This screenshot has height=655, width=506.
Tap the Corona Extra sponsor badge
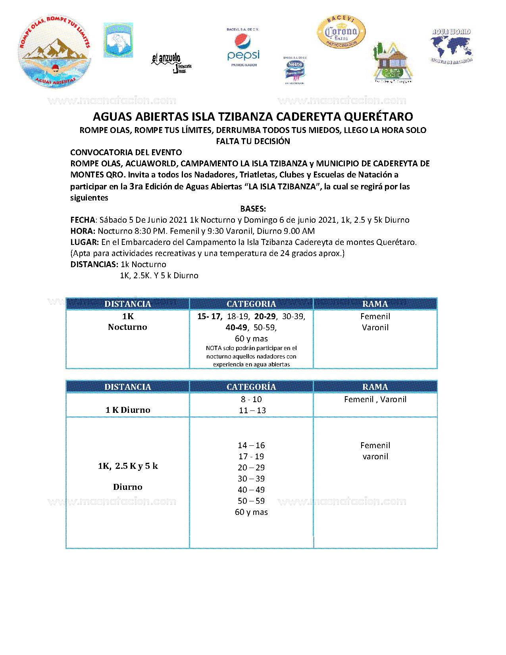(341, 32)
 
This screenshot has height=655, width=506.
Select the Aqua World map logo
(451, 47)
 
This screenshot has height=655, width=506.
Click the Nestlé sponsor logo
(295, 71)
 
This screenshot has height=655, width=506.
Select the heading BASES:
(253, 209)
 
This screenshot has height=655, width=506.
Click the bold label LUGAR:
(85, 242)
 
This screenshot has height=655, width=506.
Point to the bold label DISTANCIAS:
(94, 264)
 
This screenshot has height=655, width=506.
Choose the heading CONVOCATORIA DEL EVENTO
(126, 152)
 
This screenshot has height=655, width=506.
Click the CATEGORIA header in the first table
(251, 304)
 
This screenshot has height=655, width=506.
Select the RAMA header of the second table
(375, 387)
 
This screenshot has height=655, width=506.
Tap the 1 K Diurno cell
(128, 410)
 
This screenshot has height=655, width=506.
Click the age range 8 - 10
(251, 399)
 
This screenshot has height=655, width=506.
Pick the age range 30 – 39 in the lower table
(251, 479)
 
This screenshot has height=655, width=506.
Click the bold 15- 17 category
(210, 316)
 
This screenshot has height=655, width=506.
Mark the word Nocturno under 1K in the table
(127, 327)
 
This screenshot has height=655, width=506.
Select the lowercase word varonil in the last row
(375, 457)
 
